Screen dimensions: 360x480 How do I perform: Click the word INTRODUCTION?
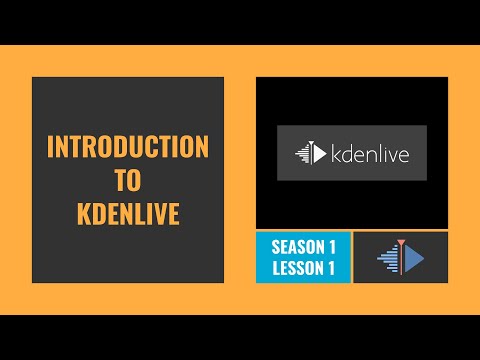coord(128,147)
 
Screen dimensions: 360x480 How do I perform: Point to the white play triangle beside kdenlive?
coord(319,153)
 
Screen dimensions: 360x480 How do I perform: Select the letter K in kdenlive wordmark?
coord(336,153)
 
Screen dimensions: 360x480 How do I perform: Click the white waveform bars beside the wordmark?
coord(303,153)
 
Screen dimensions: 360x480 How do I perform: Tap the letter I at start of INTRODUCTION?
coord(52,147)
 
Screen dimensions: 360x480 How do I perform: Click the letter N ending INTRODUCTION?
coord(201,147)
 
